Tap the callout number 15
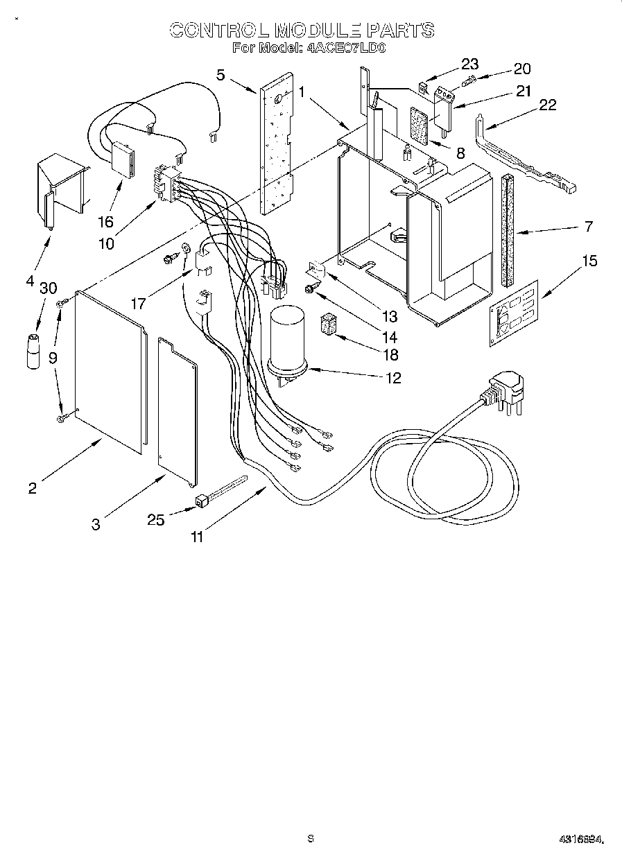(x=589, y=261)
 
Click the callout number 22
(x=547, y=105)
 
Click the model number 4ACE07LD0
(x=345, y=49)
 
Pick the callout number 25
(x=156, y=519)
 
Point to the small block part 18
(x=327, y=326)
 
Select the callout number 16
(x=105, y=222)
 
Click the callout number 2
(x=32, y=487)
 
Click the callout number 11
(x=198, y=536)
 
